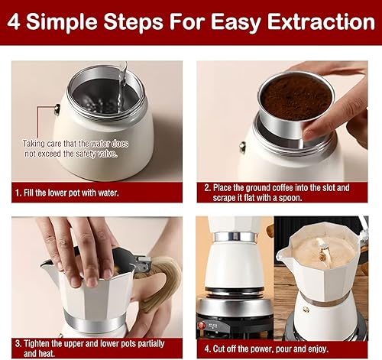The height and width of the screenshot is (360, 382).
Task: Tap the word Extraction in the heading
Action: [306, 21]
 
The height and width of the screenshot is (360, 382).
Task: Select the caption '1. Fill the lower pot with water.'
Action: [67, 192]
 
